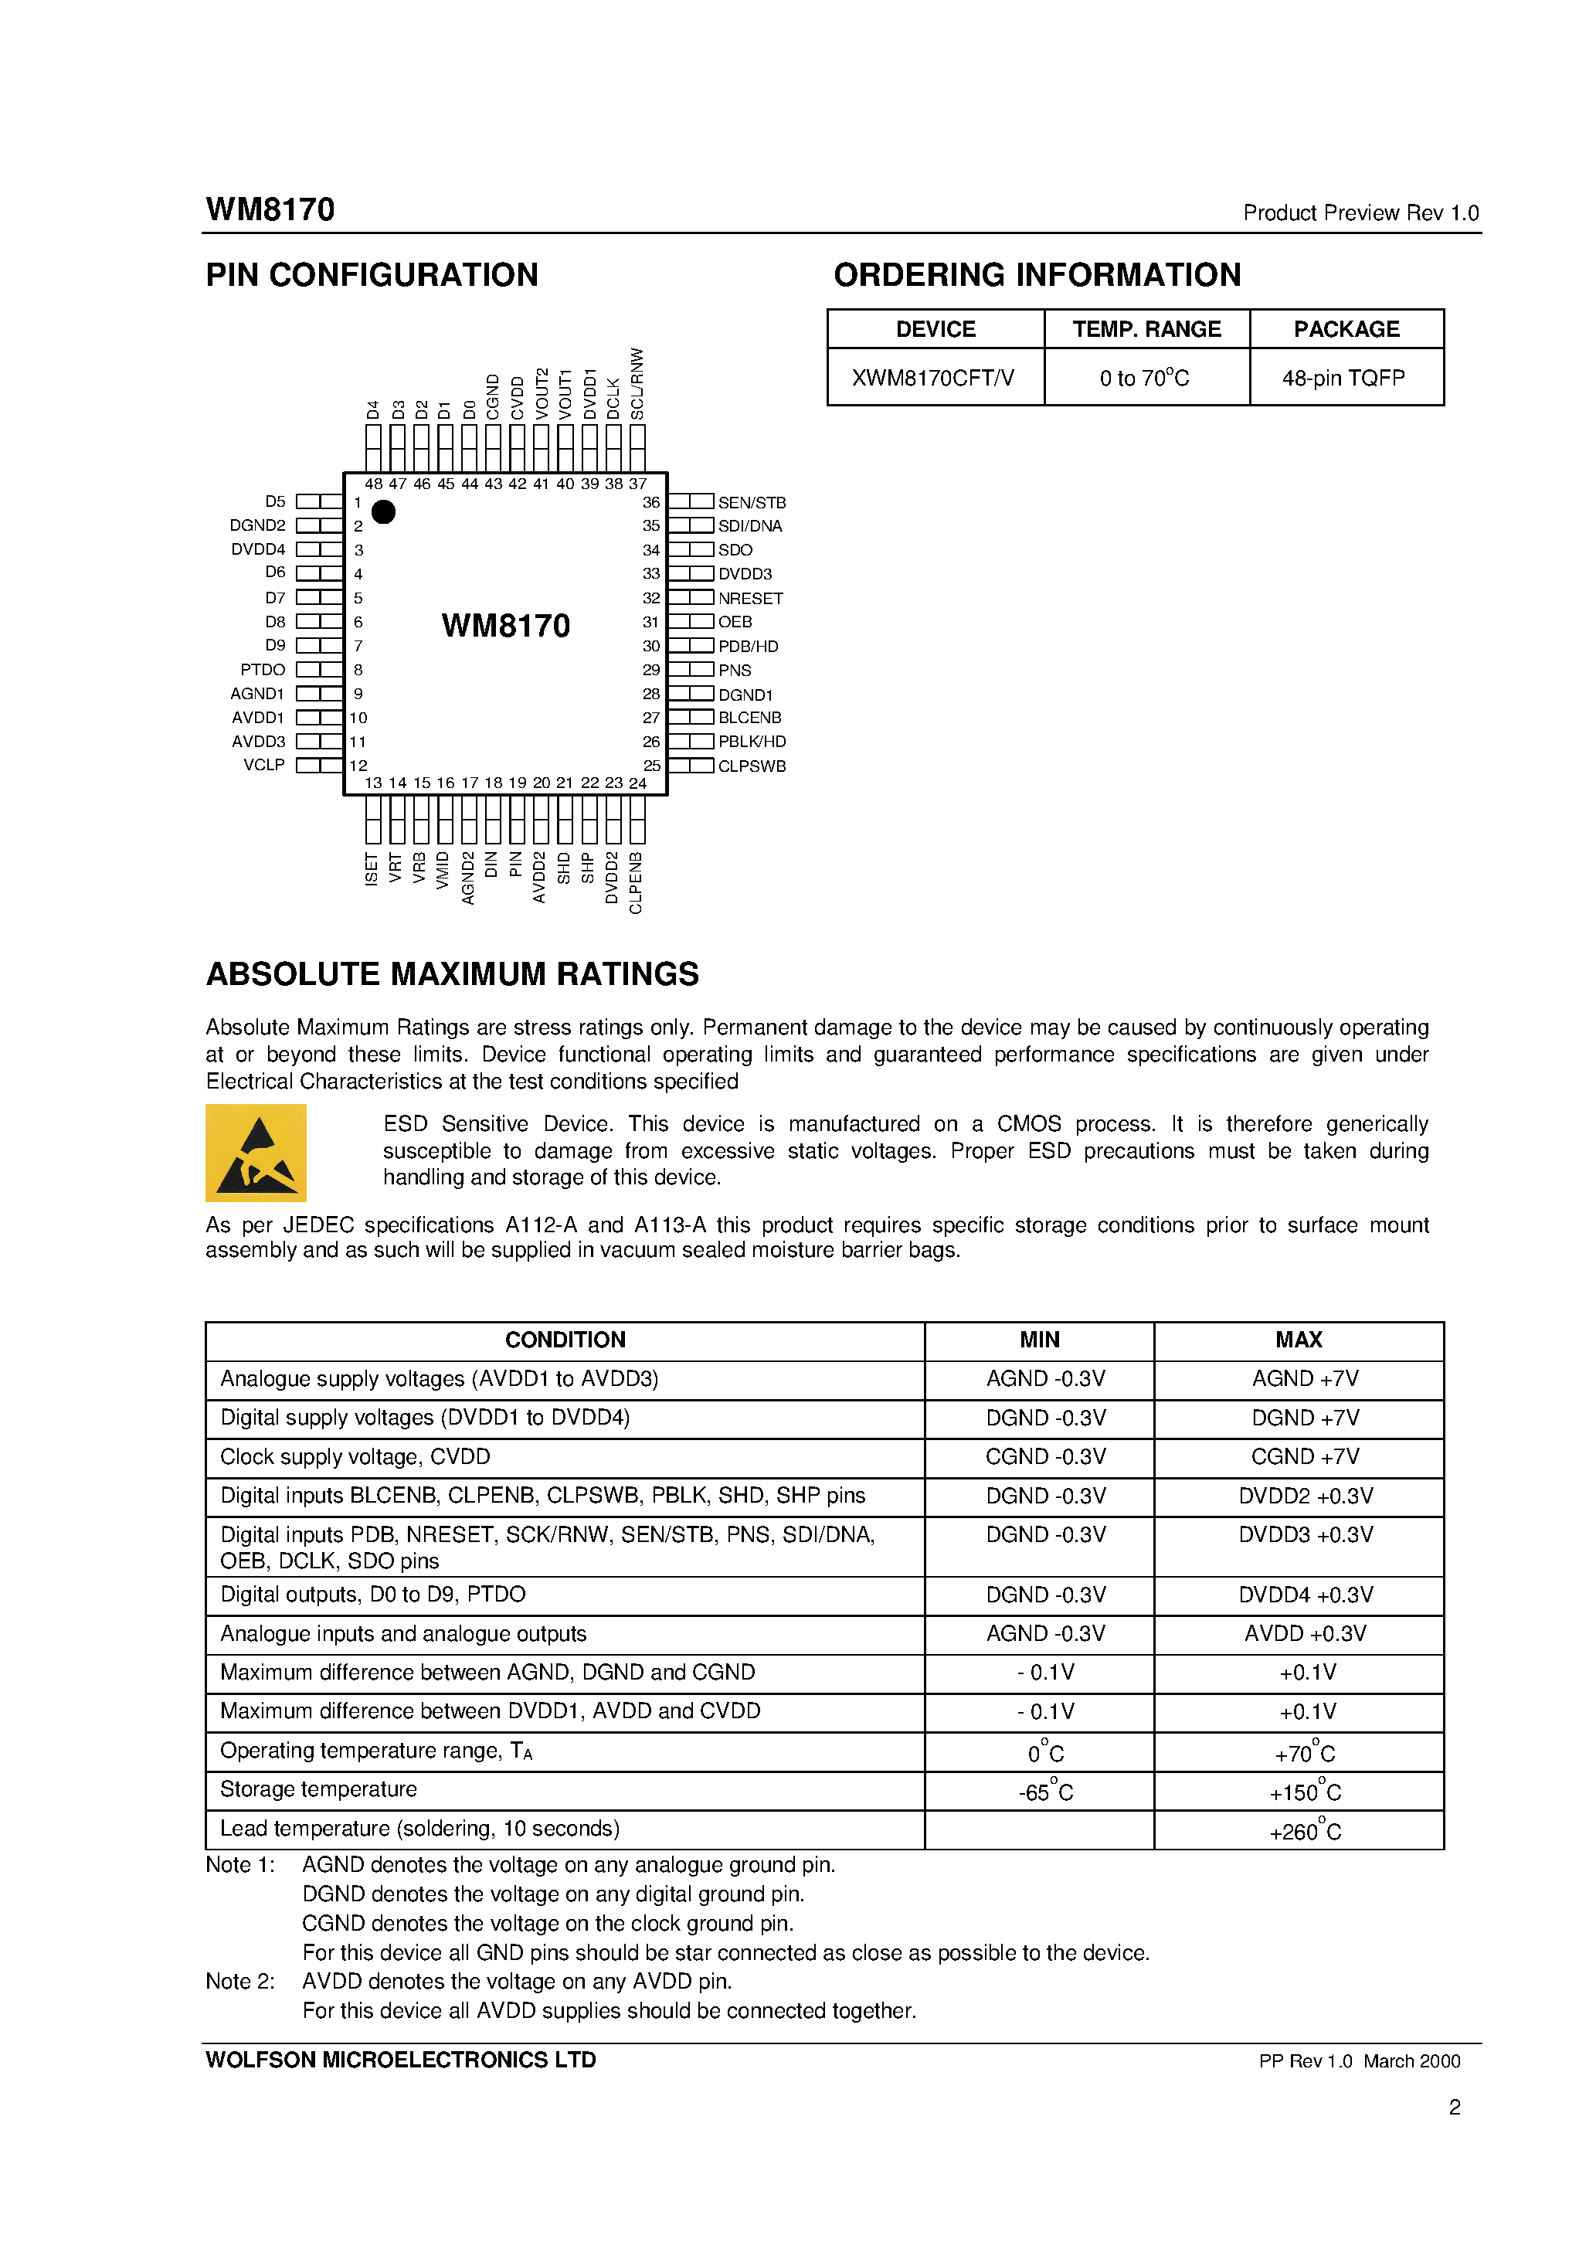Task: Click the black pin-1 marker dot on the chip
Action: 384,511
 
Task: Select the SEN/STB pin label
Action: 752,503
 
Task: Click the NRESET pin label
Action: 750,598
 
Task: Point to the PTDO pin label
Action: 263,670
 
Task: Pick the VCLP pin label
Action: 263,766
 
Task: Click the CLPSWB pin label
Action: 752,766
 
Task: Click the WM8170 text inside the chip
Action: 506,626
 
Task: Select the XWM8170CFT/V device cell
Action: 933,378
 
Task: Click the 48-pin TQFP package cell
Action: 1343,378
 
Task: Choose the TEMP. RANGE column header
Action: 1146,330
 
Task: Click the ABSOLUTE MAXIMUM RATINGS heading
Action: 452,974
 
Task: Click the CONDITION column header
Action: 565,1340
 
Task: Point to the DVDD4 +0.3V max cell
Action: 1305,1595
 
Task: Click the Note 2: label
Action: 240,1982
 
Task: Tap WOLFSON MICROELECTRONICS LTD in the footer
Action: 400,2060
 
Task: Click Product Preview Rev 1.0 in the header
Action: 1360,213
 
